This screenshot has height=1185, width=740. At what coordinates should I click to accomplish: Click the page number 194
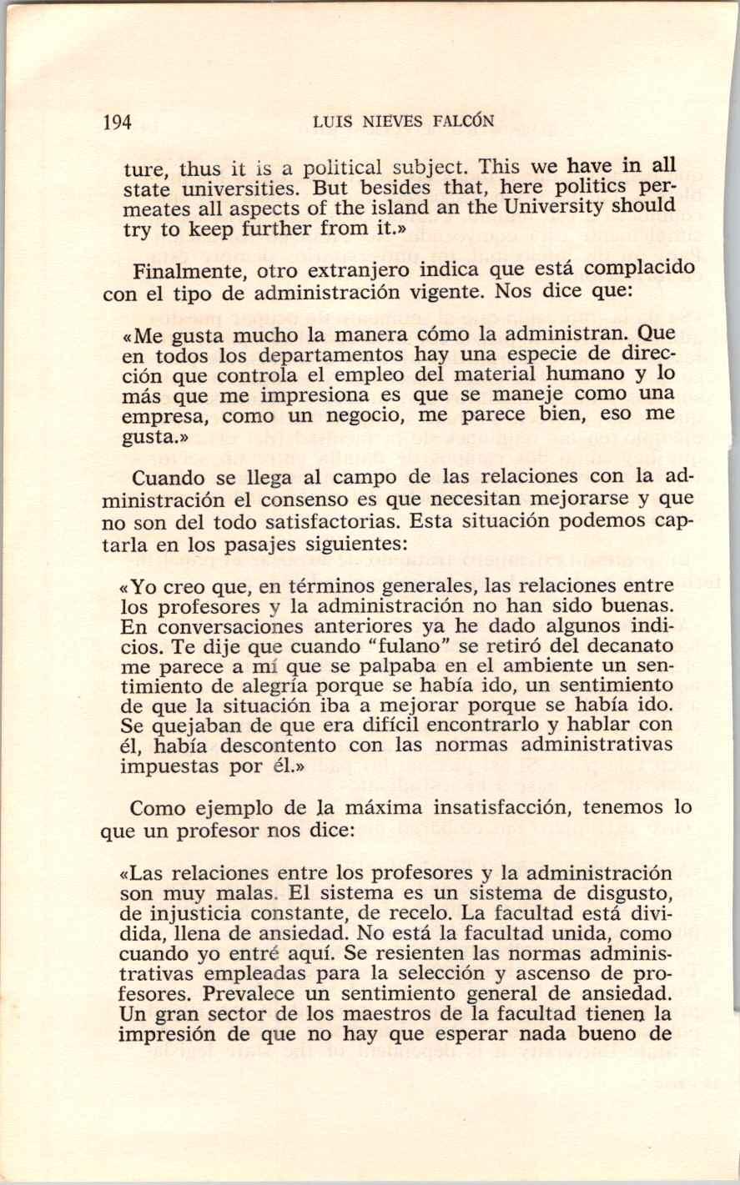click(x=117, y=122)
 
